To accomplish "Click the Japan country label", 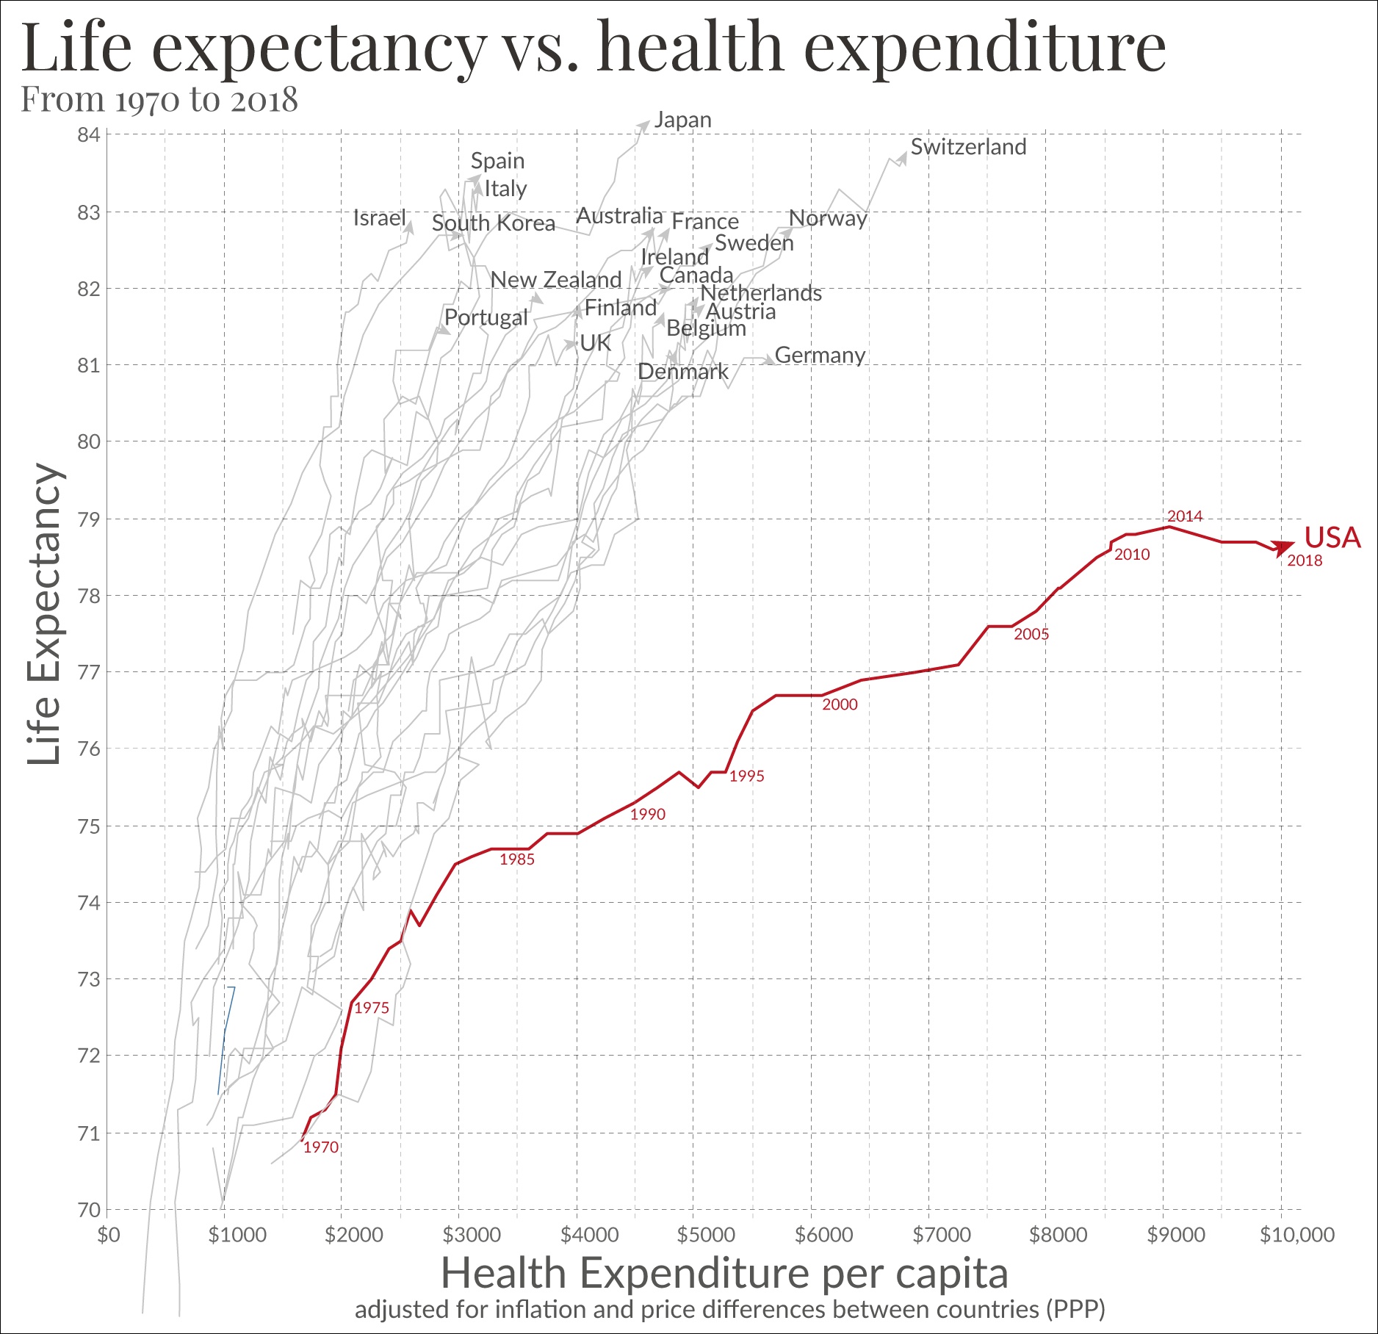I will (x=682, y=120).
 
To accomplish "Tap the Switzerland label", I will (x=968, y=147).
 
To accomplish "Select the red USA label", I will (x=1332, y=538).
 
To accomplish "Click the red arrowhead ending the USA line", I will (x=1284, y=547).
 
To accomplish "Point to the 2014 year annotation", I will (x=1184, y=516).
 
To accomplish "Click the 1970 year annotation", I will (x=321, y=1147).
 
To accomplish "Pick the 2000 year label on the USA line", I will (x=840, y=704).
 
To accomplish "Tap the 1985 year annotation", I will (x=517, y=859).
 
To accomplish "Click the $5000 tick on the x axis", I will (x=706, y=1235).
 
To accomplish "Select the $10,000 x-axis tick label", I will (x=1296, y=1235).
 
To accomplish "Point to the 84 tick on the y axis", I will (x=88, y=135).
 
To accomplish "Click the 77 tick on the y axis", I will (x=88, y=672).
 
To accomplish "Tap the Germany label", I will (x=820, y=356).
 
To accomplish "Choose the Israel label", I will (x=379, y=218).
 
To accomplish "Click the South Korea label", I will (x=493, y=223).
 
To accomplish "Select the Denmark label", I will (x=682, y=372).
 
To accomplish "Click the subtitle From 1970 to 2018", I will (x=159, y=100).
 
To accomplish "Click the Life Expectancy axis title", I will (x=44, y=614).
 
